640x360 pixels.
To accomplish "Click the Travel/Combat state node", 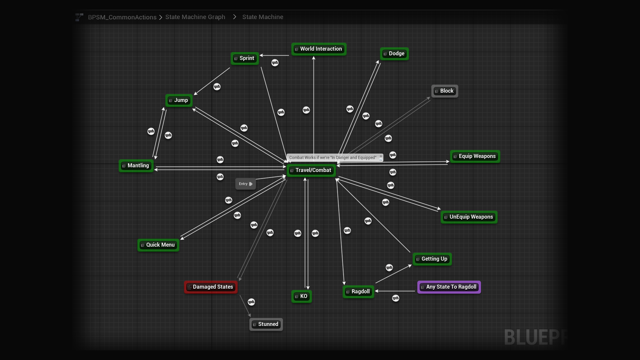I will (x=311, y=170).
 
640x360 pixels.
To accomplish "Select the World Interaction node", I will (x=319, y=49).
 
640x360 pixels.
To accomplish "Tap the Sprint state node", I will (x=245, y=58).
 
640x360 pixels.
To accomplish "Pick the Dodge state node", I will (x=394, y=54).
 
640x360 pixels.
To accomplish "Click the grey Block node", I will (x=445, y=91).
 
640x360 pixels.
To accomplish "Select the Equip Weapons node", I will (x=475, y=156).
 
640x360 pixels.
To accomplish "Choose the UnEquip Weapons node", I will (x=469, y=217).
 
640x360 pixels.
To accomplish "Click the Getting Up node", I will (x=432, y=259).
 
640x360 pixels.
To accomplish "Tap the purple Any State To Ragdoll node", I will (x=449, y=287).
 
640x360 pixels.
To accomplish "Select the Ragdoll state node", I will (x=358, y=292).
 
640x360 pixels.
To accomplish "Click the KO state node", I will (x=302, y=296).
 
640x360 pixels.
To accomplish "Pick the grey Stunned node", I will (x=266, y=324).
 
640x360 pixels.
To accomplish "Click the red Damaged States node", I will (x=211, y=287).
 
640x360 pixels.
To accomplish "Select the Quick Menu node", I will (x=158, y=245).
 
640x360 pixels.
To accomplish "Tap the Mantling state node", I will (x=136, y=166).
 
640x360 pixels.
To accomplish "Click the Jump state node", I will (x=179, y=100).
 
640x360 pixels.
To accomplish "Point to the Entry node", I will (x=245, y=184).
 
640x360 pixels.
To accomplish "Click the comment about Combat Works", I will (x=333, y=158).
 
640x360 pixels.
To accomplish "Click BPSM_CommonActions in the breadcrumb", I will (x=122, y=17).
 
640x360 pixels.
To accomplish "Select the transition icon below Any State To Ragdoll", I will (x=396, y=298).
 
